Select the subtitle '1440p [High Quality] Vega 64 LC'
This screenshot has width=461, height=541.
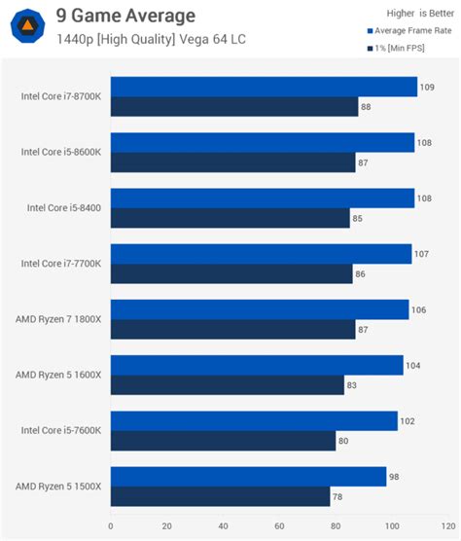(x=136, y=39)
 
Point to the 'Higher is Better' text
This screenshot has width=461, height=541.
(x=406, y=13)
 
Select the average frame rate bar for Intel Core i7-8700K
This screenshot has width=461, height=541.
(x=264, y=87)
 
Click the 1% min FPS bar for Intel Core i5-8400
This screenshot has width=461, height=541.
(x=230, y=218)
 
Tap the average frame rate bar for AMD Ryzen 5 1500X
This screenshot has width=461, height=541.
(x=248, y=477)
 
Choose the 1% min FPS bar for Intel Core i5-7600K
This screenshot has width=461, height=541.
(x=223, y=441)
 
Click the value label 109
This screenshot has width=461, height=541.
(x=428, y=88)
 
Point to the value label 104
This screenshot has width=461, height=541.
(x=414, y=366)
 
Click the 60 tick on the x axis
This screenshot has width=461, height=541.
(x=278, y=526)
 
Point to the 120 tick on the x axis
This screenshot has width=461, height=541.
(x=445, y=526)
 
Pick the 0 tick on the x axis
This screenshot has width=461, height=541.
(x=111, y=526)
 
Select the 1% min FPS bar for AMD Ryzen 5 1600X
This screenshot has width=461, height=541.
(x=227, y=385)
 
